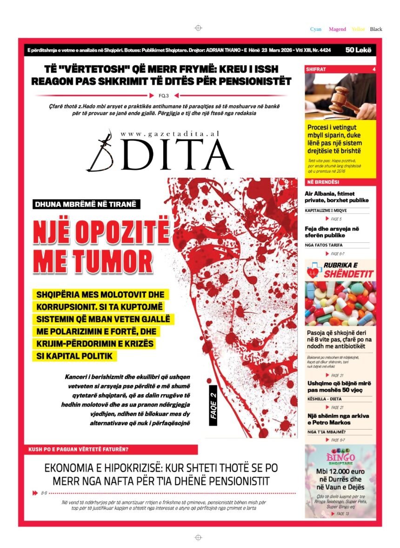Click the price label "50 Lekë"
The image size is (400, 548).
359,50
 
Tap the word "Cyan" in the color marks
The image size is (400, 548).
316,29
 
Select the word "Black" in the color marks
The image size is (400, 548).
376,29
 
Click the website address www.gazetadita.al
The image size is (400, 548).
169,134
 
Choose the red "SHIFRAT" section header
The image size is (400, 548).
316,69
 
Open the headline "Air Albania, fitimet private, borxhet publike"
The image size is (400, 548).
337,197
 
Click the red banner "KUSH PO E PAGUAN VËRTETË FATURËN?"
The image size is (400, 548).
79,450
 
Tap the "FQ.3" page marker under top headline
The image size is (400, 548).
164,96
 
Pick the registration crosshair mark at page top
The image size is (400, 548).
198,28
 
